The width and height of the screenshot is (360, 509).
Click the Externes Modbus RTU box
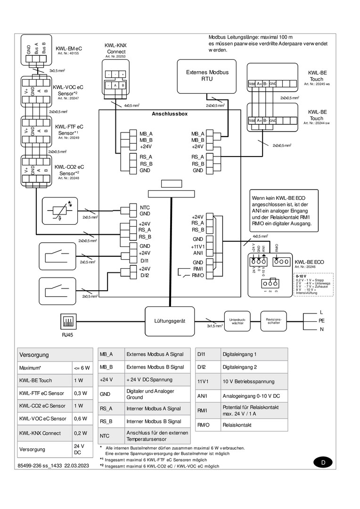pos(207,76)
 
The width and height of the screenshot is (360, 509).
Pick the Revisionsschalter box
pos(274,320)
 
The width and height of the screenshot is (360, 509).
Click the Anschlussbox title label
pos(169,114)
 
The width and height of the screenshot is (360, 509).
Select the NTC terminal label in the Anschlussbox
pos(145,207)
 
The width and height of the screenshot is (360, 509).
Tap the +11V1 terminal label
pos(197,246)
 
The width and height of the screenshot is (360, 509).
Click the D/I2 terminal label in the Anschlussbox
pos(145,275)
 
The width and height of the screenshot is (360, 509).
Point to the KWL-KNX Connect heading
pos(115,49)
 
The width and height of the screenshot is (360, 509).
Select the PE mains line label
pos(322,320)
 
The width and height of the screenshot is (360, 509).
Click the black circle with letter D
pos(323,462)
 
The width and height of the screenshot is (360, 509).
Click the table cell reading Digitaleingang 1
pos(254,354)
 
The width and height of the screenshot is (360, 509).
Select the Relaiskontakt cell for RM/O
pos(254,425)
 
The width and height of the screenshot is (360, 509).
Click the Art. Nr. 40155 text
pos(68,54)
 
